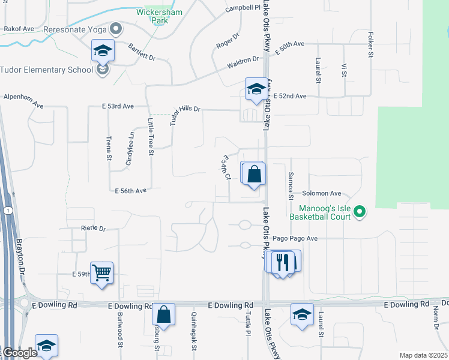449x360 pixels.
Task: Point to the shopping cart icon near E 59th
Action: [102, 274]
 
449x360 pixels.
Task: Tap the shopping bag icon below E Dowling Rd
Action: [163, 314]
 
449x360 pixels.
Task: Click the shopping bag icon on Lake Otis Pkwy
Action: [255, 174]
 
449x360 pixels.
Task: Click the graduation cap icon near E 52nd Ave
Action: [256, 90]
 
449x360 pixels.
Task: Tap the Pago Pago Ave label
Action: [295, 238]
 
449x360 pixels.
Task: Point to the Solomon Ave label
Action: [321, 194]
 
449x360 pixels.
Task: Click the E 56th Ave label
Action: [131, 191]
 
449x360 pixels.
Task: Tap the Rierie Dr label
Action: [93, 229]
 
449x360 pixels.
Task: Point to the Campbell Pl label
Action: [243, 8]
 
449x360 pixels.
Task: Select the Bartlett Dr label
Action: [142, 52]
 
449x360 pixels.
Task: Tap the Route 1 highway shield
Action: [7, 211]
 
